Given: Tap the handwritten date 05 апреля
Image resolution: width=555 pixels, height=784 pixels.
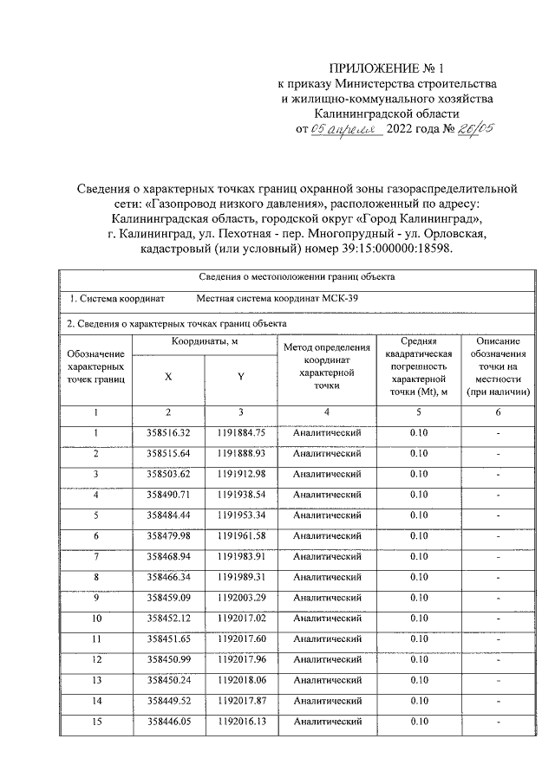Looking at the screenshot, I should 347,130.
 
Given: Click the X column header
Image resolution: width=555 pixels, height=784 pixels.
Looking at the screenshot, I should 168,376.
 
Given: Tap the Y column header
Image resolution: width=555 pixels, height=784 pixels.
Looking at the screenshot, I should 240,376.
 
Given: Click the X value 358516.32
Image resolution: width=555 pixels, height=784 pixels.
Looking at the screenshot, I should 168,432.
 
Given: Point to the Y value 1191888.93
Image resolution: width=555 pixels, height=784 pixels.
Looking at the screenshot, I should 240,453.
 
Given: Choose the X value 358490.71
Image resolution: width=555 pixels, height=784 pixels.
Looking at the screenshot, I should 168,495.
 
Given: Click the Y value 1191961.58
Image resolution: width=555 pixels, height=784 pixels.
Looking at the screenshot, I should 240,535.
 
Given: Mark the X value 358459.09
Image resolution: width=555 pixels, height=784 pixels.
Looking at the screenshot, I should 168,597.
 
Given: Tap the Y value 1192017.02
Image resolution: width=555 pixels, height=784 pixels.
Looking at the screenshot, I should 240,618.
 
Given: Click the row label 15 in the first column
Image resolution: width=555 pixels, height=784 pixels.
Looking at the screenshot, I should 95,721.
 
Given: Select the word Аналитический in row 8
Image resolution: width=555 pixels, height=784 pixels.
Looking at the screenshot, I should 327,577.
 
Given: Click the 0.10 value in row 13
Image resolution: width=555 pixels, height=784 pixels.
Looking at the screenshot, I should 419,680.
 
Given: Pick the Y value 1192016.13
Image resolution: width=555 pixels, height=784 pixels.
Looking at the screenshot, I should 240,721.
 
